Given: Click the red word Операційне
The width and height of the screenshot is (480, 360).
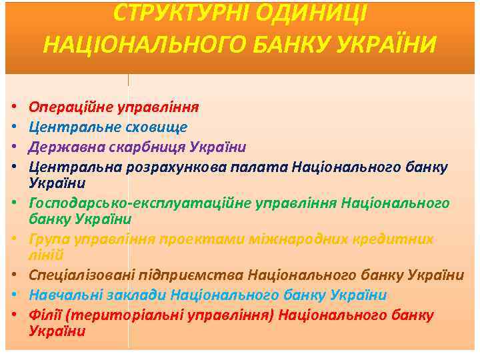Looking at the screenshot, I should point(70,107).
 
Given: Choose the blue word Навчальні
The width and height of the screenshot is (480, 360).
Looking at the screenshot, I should point(61,295).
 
